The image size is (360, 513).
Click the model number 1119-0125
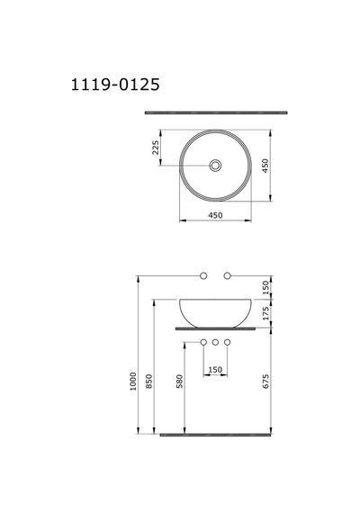tap(115, 85)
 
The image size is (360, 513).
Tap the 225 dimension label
tap(156, 148)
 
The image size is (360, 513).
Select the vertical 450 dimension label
tap(265, 166)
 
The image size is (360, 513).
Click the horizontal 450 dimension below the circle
tap(215, 215)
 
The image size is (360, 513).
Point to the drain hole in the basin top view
tap(215, 166)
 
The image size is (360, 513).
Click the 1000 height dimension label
tap(132, 382)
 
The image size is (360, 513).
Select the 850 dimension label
tap(148, 382)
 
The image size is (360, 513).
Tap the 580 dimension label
tap(179, 382)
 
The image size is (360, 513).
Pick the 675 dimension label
tap(265, 382)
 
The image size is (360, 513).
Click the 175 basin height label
tap(265, 313)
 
